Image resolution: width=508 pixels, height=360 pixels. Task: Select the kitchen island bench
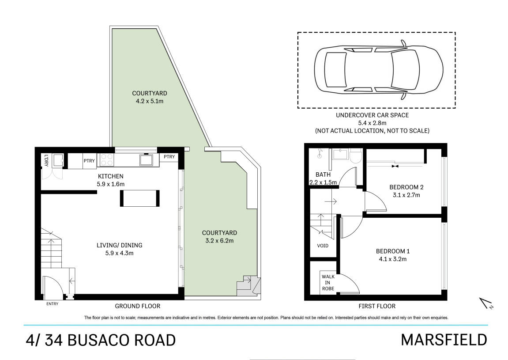[139, 198]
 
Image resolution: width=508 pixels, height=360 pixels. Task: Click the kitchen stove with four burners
[106, 159]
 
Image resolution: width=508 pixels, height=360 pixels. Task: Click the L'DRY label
[46, 160]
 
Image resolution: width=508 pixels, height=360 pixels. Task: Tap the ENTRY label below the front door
[52, 304]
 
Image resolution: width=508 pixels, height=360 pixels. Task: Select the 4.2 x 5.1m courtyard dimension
[150, 101]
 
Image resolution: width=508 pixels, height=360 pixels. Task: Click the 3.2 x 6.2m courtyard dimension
[219, 241]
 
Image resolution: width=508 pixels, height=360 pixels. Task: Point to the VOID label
[323, 246]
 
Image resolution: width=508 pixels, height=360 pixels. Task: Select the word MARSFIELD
[444, 340]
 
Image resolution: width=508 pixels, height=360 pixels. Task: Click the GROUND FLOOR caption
[137, 306]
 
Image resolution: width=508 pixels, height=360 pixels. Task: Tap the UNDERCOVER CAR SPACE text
[372, 115]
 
